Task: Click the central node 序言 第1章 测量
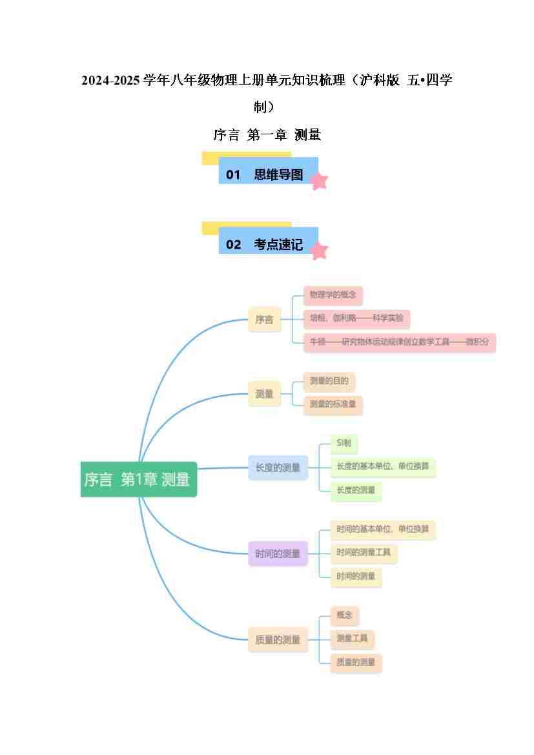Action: (138, 479)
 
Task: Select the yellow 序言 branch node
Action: (264, 319)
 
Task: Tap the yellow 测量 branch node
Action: (264, 393)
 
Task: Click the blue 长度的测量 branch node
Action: (278, 468)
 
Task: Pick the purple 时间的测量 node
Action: (278, 553)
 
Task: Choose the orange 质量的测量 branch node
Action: (278, 639)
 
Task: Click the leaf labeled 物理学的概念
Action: (333, 295)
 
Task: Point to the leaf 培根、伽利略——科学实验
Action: (356, 318)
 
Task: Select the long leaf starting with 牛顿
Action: (399, 342)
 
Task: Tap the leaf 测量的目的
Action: (329, 381)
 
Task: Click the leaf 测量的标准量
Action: (333, 405)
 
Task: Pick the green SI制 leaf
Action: (344, 443)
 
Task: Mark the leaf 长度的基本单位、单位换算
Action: (382, 466)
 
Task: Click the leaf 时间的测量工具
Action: (363, 553)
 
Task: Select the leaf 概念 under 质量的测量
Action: (344, 615)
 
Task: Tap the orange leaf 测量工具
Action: (352, 639)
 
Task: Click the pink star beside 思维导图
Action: (319, 181)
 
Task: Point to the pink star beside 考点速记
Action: (319, 251)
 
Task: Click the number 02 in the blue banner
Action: (233, 245)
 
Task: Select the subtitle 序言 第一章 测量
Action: (267, 135)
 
